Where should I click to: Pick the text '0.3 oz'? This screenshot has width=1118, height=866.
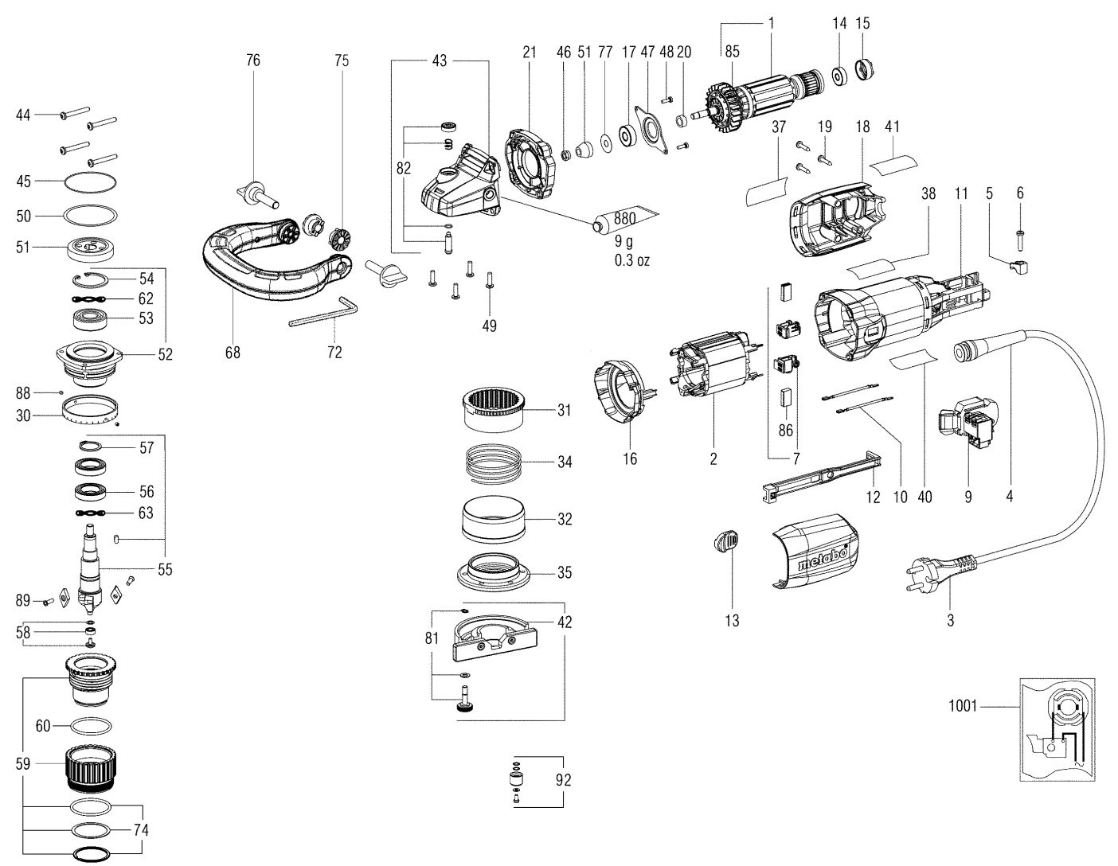[631, 260]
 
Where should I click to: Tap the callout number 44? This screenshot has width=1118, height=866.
[23, 115]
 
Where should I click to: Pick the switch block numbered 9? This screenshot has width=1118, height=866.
[966, 419]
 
